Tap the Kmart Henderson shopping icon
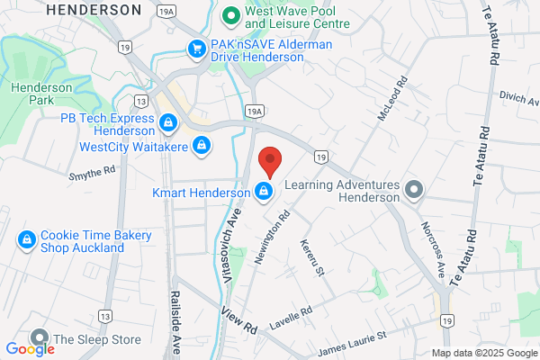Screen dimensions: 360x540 click(x=264, y=192)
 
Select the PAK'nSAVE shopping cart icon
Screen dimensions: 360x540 click(x=195, y=48)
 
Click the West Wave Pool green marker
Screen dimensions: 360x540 click(x=230, y=14)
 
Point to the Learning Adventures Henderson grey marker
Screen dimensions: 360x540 click(x=413, y=189)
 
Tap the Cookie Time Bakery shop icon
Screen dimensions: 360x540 click(x=27, y=239)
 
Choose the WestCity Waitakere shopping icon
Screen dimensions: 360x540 click(x=202, y=144)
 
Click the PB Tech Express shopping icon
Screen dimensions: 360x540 click(x=167, y=121)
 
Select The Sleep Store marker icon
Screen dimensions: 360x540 click(x=40, y=339)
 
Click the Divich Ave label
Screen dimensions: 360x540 click(x=518, y=95)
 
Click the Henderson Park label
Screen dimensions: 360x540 click(x=35, y=94)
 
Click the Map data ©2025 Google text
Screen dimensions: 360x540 click(x=482, y=352)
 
